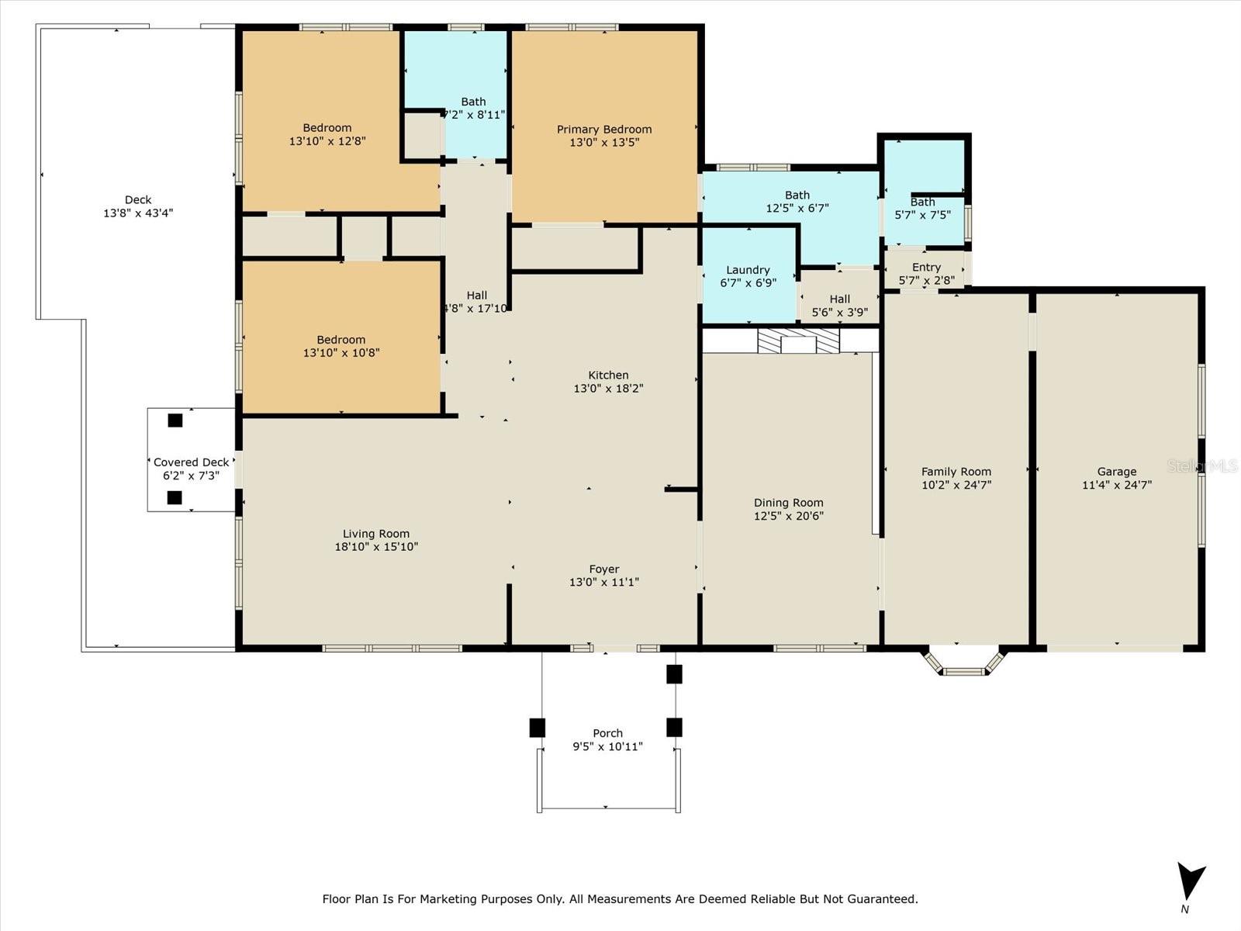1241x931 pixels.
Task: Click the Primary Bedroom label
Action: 603,130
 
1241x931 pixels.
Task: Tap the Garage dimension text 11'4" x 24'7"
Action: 1117,484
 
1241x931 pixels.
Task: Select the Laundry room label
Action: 748,270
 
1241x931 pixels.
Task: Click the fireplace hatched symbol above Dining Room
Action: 798,341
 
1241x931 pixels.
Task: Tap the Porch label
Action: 608,733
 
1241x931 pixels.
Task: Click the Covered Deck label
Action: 191,462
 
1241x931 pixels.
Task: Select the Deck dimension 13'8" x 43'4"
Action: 138,213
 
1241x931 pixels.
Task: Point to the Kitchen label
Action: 608,375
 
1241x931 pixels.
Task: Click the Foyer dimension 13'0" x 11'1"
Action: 603,582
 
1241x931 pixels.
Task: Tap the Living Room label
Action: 376,534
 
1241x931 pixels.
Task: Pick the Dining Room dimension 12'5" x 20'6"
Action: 789,515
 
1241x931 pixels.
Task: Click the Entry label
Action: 926,268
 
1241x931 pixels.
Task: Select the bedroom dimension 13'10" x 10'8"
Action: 341,353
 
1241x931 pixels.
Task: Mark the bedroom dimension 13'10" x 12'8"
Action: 327,140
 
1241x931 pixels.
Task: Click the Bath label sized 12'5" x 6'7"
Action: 797,195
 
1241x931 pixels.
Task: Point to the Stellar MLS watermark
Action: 1202,465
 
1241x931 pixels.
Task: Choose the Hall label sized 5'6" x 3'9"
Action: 839,299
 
